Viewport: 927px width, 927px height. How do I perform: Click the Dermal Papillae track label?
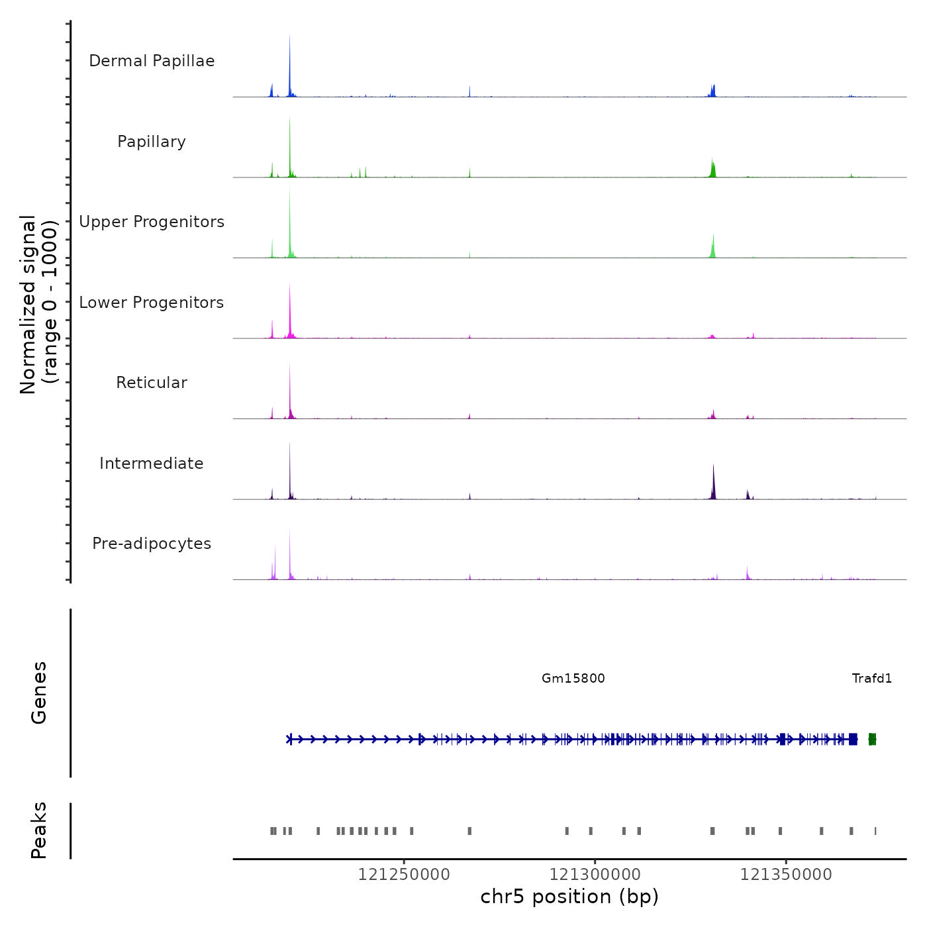(x=152, y=61)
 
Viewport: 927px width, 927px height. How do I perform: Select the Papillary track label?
(x=152, y=142)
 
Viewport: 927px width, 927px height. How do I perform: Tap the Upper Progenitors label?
(x=152, y=222)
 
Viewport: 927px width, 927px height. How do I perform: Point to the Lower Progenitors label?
(x=152, y=303)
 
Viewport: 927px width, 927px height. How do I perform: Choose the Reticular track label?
(x=152, y=383)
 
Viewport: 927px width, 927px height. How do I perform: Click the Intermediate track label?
(x=152, y=463)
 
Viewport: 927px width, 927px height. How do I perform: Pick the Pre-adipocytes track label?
(x=152, y=544)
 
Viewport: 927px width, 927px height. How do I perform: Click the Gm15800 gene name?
(x=573, y=678)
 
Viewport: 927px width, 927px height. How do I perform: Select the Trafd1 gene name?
(x=872, y=678)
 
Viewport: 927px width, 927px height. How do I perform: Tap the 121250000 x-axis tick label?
(x=404, y=875)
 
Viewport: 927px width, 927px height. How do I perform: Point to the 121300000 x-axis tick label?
(x=595, y=875)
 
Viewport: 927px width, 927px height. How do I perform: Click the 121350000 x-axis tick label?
(x=786, y=875)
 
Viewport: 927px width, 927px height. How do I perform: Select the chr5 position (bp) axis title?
(x=569, y=897)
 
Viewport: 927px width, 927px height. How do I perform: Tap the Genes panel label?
(x=39, y=693)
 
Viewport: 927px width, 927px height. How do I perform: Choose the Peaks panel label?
(x=39, y=830)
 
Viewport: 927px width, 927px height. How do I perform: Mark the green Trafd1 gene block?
(x=873, y=739)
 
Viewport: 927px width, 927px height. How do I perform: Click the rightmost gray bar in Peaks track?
(x=875, y=831)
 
